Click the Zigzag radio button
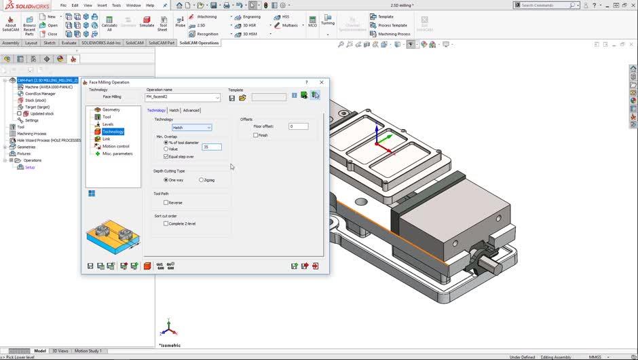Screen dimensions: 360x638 pos(201,180)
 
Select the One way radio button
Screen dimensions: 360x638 pos(166,180)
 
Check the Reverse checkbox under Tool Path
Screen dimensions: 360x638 pos(166,202)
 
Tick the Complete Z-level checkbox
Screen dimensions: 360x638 pos(166,223)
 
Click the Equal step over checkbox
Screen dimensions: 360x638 pos(166,156)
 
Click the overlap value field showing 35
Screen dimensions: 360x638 pos(211,147)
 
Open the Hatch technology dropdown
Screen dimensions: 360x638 pos(191,128)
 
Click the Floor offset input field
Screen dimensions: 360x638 pos(298,126)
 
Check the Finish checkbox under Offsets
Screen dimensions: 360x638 pos(256,135)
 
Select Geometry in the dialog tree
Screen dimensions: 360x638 pos(111,109)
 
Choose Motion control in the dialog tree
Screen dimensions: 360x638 pos(115,146)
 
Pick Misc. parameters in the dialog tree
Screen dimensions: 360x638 pos(117,154)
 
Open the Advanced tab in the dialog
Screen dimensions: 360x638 pos(191,110)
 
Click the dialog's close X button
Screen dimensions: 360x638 pos(322,82)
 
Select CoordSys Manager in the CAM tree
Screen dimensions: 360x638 pos(40,94)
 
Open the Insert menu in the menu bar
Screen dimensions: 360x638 pos(102,5)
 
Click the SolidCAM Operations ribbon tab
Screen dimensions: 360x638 pos(199,43)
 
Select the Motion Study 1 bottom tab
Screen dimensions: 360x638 pos(88,351)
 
